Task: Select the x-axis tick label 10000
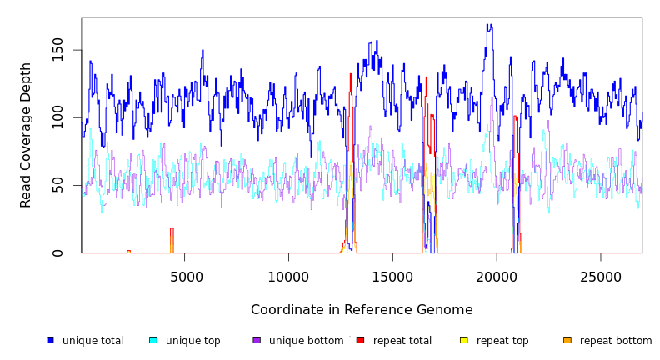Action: [x=288, y=277]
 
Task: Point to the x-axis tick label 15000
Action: [x=392, y=277]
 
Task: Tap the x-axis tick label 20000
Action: [x=497, y=277]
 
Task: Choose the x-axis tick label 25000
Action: [x=600, y=277]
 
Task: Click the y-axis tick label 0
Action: [x=57, y=252]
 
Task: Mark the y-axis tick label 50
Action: [x=57, y=185]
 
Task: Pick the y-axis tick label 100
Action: [x=57, y=117]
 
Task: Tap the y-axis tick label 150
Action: [x=57, y=50]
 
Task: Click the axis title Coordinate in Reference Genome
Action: [x=362, y=310]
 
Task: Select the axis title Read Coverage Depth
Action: [x=26, y=135]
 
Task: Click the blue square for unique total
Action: [x=51, y=340]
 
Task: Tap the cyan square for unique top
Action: [x=153, y=340]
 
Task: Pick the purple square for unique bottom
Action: [x=257, y=340]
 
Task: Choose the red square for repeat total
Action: [x=360, y=340]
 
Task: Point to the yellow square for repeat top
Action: [x=464, y=340]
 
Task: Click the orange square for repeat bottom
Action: [x=567, y=340]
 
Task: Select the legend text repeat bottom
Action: [x=616, y=341]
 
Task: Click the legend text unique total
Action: [x=92, y=341]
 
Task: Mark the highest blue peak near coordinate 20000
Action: [x=490, y=26]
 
